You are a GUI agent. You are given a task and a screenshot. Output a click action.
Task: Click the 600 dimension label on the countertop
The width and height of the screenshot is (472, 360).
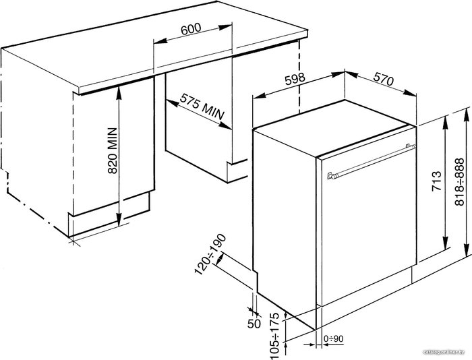[x=191, y=28]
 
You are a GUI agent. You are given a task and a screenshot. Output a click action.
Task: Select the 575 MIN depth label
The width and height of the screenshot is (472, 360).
[x=202, y=107]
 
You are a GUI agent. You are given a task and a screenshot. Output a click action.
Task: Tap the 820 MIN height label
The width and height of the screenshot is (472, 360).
[x=113, y=150]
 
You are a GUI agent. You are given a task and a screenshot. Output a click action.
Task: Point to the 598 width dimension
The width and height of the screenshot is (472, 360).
[x=295, y=80]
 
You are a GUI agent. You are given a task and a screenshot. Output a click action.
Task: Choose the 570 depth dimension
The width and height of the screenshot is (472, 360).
[x=384, y=80]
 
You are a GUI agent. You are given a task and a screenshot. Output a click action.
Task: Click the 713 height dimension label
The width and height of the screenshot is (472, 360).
[x=436, y=181]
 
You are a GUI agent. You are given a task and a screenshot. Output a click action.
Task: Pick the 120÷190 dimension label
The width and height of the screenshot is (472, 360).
[x=210, y=254]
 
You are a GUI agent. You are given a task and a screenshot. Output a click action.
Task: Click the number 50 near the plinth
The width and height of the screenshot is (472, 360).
[x=254, y=324]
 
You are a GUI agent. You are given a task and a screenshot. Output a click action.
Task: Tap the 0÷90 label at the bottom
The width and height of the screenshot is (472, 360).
[x=334, y=339]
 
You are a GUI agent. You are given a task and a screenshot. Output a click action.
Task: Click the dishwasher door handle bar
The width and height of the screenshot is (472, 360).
[x=372, y=161]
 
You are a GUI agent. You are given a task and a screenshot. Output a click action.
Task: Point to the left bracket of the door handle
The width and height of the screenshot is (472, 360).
[x=331, y=175]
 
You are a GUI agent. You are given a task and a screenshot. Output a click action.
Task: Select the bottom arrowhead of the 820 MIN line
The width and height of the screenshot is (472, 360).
[x=119, y=219]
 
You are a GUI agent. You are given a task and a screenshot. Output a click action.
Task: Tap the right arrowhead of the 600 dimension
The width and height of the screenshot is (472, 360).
[x=225, y=27]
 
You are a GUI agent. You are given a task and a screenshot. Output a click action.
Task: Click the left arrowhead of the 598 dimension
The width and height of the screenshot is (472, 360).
[x=260, y=96]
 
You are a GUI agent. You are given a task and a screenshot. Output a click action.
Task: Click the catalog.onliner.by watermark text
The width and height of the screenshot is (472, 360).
[x=444, y=352]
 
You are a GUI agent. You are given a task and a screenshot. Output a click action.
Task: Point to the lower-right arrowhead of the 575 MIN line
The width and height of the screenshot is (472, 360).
[x=225, y=126]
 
